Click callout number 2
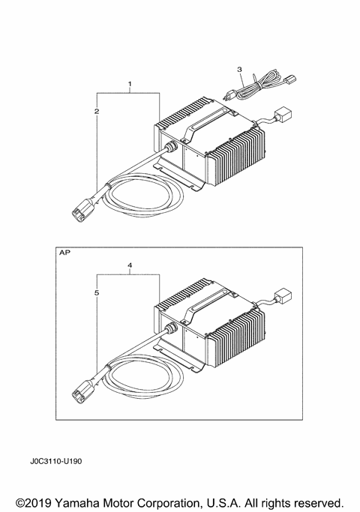(97, 111)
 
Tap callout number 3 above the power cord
(240, 70)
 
